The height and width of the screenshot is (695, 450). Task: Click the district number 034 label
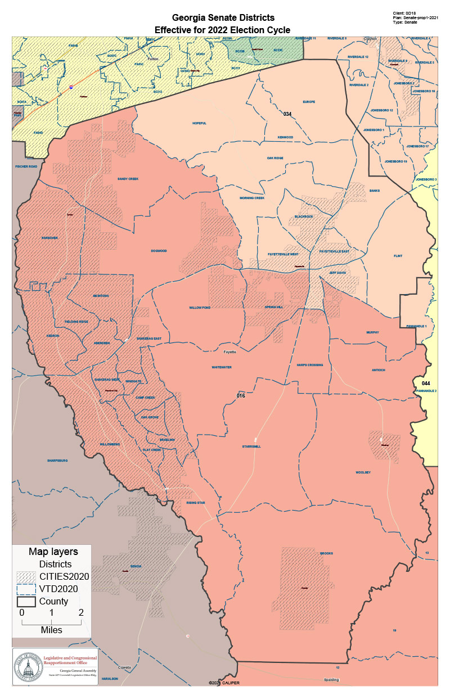(287, 114)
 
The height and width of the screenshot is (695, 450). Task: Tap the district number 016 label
(241, 396)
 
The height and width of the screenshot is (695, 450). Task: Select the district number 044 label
(426, 383)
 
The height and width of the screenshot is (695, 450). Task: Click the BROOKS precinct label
(326, 553)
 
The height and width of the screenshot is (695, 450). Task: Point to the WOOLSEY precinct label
(363, 472)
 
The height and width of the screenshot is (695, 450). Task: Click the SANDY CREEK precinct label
(128, 179)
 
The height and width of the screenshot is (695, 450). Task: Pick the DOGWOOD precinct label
(159, 251)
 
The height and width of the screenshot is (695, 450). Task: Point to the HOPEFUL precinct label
(200, 123)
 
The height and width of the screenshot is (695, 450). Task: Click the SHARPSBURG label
(57, 460)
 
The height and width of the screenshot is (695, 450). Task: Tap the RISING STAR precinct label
(196, 503)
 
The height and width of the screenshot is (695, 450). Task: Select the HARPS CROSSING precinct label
(310, 365)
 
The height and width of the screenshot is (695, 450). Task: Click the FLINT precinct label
(398, 256)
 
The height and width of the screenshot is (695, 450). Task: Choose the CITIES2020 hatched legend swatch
(26, 576)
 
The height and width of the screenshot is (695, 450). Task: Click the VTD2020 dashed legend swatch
(26, 589)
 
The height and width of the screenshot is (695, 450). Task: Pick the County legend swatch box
(26, 601)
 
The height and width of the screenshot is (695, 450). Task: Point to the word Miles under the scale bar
(51, 630)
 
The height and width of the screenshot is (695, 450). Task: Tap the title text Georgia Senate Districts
(223, 19)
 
